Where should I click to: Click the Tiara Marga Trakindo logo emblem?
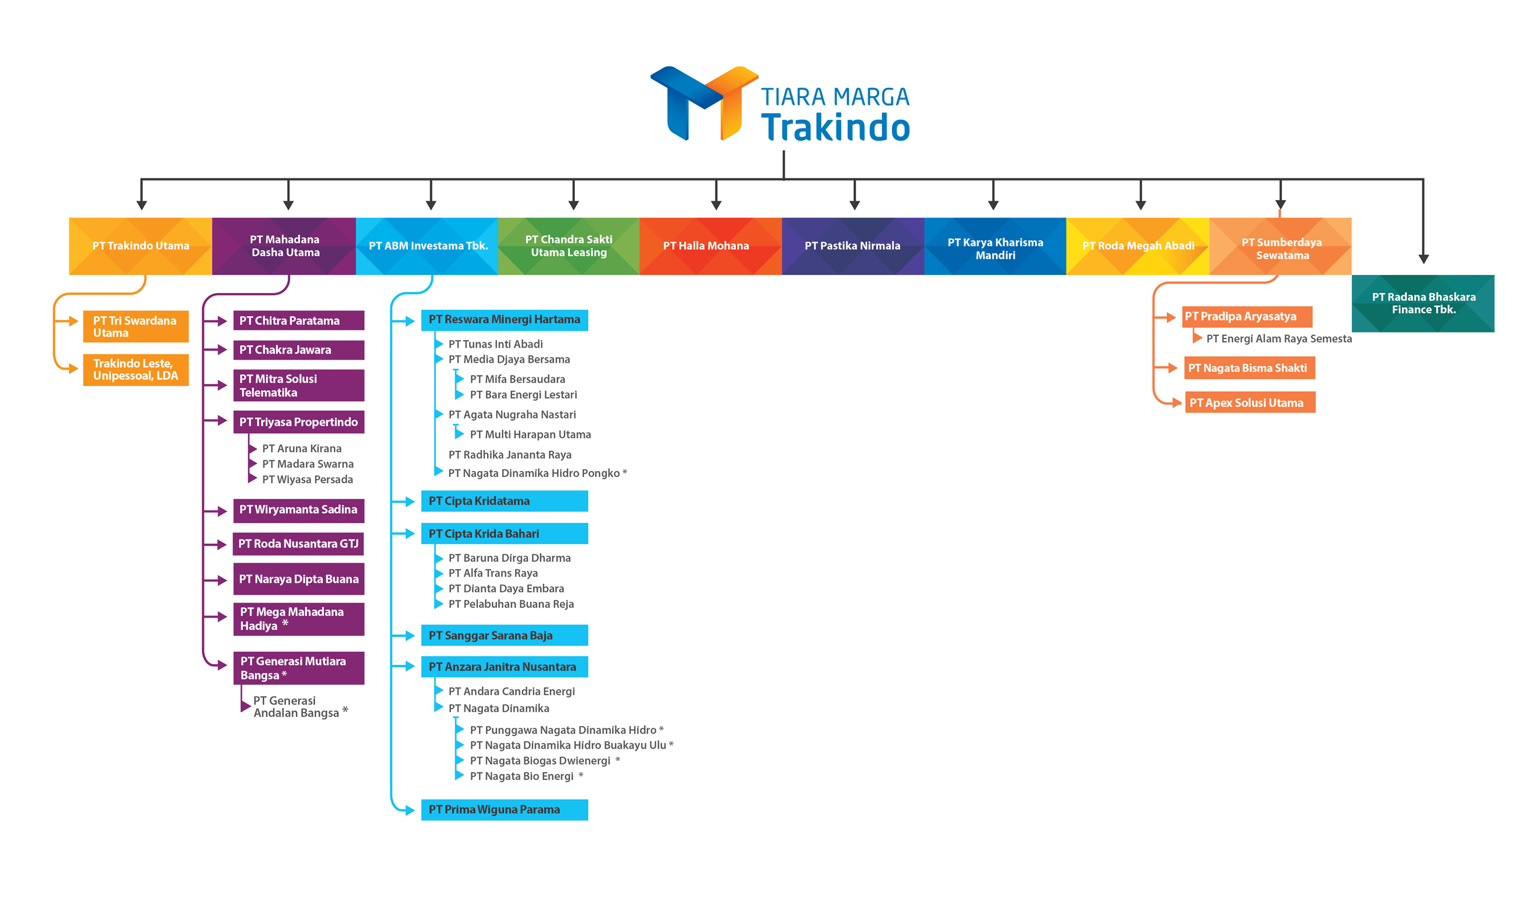704,102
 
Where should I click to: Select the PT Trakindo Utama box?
141,246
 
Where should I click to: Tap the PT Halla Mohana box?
710,246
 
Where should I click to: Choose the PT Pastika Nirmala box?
853,246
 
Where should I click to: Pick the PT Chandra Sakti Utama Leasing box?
568,246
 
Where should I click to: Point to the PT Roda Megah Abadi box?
1138,246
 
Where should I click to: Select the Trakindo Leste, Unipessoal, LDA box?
135,370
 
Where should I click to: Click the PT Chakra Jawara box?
298,350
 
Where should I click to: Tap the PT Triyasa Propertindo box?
298,422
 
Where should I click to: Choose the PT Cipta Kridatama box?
504,501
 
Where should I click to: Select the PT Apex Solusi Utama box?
1250,402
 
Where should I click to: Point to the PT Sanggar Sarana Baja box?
504,635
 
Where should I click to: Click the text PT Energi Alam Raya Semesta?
1279,339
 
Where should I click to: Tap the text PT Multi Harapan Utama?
530,435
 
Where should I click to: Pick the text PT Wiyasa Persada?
307,480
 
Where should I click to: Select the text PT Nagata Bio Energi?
522,777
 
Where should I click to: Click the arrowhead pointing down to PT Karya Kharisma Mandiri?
993,205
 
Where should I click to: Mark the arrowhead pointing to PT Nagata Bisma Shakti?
1172,368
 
